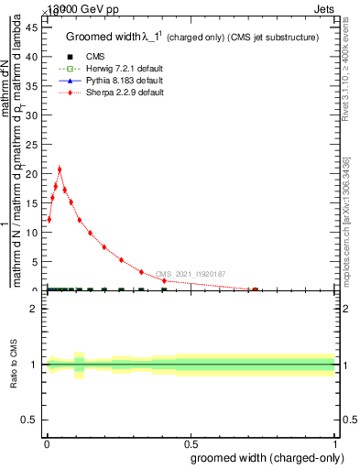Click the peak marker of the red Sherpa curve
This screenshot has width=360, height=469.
pos(60,169)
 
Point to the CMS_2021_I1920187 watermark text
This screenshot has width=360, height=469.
pos(190,274)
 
